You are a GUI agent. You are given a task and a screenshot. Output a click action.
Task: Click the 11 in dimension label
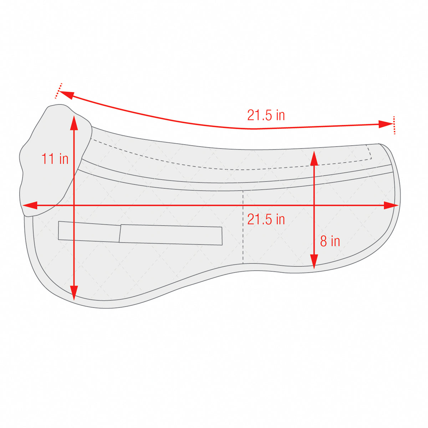click(55, 159)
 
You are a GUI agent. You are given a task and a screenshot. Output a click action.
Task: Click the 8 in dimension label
click(330, 241)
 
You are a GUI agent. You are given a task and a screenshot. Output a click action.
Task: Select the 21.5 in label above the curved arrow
click(266, 115)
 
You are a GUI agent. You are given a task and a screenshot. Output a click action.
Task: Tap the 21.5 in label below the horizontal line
click(266, 219)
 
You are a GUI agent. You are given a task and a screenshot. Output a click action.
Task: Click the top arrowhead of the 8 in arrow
click(314, 157)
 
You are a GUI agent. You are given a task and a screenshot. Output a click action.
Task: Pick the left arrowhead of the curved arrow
click(66, 95)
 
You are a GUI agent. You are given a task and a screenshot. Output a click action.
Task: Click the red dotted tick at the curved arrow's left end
click(59, 91)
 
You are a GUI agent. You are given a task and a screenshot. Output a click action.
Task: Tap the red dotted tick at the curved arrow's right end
click(394, 125)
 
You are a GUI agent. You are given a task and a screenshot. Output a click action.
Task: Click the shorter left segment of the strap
click(89, 231)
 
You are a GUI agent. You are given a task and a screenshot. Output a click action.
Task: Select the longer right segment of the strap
click(171, 235)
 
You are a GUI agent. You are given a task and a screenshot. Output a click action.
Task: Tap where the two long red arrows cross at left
click(74, 205)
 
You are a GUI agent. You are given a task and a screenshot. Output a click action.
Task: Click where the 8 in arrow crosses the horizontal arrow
click(314, 205)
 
